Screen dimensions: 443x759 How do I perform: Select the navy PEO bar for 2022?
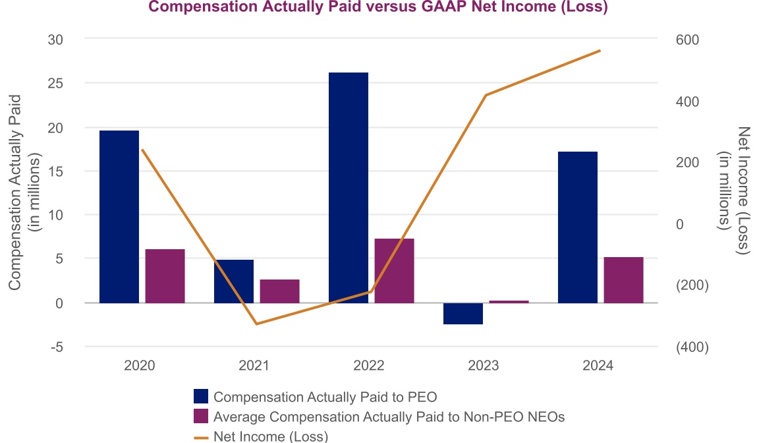point(349,187)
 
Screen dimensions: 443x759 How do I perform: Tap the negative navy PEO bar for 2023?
point(463,313)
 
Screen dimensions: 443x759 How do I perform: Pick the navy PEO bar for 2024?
point(578,227)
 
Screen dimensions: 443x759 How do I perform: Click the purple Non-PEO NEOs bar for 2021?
point(280,291)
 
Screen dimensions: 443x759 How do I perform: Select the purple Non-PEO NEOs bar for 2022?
point(395,270)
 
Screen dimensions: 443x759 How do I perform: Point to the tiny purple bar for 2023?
point(509,301)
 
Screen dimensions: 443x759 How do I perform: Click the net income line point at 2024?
point(600,50)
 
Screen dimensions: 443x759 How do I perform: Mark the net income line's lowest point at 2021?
point(256,324)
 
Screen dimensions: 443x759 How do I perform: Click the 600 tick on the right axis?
point(688,40)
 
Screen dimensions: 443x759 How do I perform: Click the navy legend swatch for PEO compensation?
point(201,396)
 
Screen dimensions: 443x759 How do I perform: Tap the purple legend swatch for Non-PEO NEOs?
point(201,416)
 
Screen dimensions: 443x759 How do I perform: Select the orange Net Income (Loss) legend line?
point(201,436)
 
